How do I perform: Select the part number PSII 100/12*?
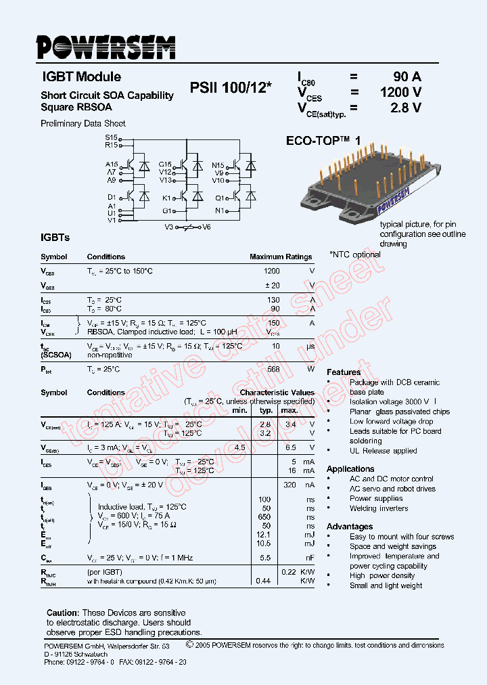231,88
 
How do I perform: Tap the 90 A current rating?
407,76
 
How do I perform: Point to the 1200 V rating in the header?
400,92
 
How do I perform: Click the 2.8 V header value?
407,107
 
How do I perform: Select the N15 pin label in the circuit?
218,165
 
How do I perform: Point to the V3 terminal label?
169,227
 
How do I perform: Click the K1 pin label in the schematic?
166,198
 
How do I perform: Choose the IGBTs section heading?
55,238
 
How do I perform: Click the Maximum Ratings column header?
281,257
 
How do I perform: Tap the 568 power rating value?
273,369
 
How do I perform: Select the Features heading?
344,372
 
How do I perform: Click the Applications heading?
350,469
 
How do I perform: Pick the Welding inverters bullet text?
379,508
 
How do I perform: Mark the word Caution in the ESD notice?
63,613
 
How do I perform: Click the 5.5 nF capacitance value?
266,558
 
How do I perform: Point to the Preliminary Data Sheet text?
83,124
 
